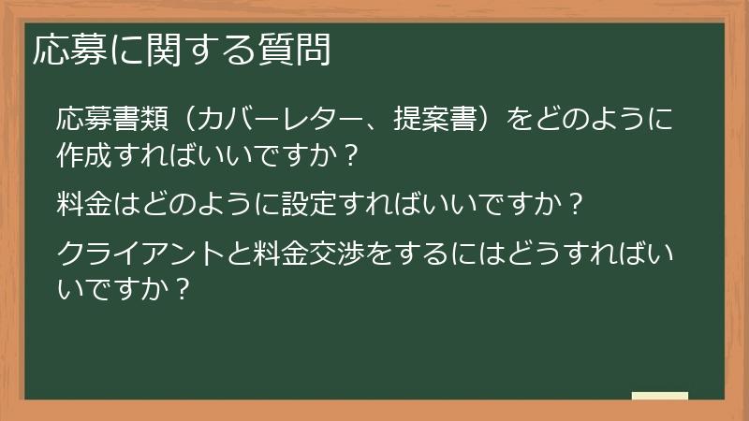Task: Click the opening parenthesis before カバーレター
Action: [x=188, y=121]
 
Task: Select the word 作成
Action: [x=83, y=153]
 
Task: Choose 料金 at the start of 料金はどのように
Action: [x=83, y=202]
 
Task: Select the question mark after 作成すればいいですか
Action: [x=350, y=153]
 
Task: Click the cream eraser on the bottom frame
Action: [x=660, y=396]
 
